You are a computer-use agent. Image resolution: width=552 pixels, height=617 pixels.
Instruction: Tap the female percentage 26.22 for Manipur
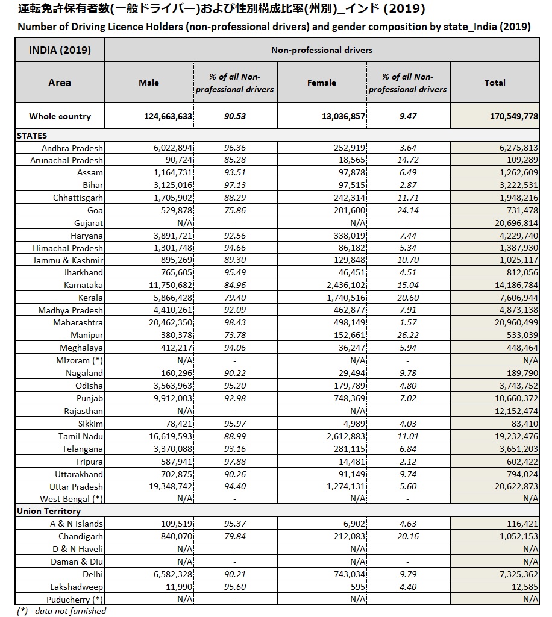point(408,335)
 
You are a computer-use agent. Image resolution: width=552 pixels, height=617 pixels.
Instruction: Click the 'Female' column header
point(321,83)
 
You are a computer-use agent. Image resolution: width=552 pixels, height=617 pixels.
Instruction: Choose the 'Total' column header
point(495,83)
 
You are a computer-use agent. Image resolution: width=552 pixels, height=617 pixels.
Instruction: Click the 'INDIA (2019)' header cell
point(60,50)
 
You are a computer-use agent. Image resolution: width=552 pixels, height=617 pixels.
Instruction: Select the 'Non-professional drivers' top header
point(321,50)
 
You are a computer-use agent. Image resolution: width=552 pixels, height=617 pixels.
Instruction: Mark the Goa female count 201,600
point(346,210)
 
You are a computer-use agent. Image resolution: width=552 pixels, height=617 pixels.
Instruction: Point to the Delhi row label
point(92,574)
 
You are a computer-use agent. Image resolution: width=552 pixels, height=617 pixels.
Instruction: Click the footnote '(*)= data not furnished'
point(61,610)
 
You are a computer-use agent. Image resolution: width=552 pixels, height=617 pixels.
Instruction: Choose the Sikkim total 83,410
point(523,424)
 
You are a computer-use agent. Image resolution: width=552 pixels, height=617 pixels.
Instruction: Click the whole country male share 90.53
point(234,116)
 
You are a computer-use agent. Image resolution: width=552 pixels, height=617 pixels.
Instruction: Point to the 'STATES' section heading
point(32,136)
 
